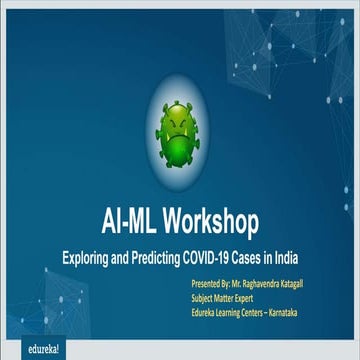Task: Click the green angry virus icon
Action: pos(179,132)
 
